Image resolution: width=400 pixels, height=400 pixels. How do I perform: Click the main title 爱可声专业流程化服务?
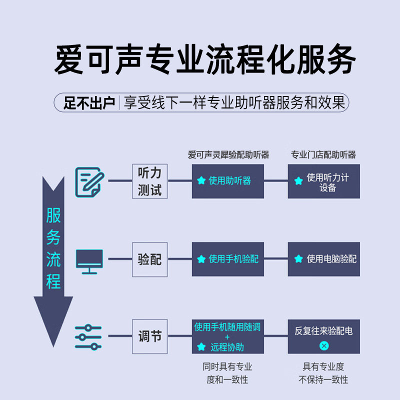click(205, 59)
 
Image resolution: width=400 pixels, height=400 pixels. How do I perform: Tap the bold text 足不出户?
click(89, 103)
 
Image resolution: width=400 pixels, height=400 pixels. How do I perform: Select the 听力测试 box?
click(149, 181)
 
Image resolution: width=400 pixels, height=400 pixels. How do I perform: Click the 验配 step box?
click(149, 259)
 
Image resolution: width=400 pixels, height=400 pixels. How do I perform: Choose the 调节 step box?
click(149, 336)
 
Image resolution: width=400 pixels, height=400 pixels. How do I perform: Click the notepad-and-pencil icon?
click(89, 182)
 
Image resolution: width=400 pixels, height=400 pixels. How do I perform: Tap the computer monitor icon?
click(89, 261)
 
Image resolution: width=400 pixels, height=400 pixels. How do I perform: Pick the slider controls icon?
click(88, 337)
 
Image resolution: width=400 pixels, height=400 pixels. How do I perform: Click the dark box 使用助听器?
click(228, 181)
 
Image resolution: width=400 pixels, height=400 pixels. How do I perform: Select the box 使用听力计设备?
click(323, 181)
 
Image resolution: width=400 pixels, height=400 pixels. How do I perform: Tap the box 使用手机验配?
click(228, 259)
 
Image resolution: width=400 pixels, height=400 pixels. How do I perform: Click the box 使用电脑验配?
click(323, 259)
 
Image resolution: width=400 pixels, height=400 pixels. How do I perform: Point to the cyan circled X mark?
click(324, 345)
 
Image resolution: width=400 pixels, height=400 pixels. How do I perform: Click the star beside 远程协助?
click(201, 346)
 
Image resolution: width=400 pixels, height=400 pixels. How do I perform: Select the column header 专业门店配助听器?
click(323, 154)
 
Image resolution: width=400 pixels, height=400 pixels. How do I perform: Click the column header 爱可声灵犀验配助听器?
click(228, 154)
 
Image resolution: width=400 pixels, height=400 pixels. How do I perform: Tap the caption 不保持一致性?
click(323, 379)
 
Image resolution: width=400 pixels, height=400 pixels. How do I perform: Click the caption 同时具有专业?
click(227, 366)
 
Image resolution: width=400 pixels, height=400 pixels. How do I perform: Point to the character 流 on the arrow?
click(53, 259)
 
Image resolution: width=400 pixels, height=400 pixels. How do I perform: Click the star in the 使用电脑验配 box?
click(298, 258)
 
